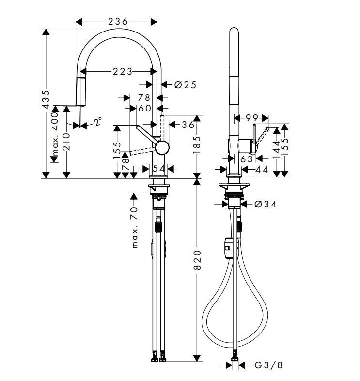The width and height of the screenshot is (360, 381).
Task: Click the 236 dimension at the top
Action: point(117,22)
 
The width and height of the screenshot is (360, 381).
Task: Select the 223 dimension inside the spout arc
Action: point(123,71)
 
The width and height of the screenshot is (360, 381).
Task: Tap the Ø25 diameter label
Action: point(185,85)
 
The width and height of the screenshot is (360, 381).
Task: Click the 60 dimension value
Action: point(145,109)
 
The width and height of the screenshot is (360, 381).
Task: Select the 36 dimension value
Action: point(188,125)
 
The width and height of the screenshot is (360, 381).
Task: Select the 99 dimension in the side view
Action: point(251,117)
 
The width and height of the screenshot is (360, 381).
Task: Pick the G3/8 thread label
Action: point(268,365)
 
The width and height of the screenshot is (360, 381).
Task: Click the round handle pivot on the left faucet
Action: point(162,147)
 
